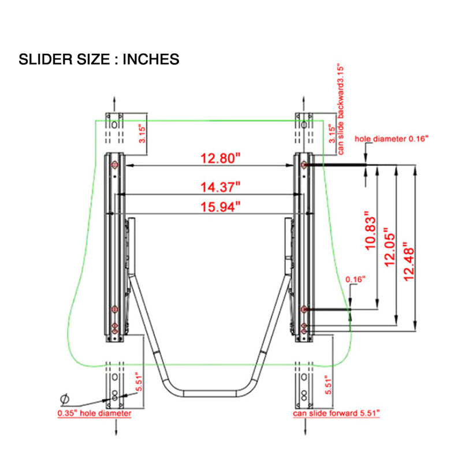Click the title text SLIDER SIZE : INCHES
click(x=99, y=59)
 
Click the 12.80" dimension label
click(x=221, y=158)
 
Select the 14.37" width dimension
click(x=221, y=187)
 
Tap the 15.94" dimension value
click(x=221, y=207)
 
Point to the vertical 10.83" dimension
click(x=371, y=230)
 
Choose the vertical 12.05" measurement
click(x=389, y=247)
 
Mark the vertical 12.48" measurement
click(x=409, y=262)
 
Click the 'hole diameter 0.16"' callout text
click(x=392, y=139)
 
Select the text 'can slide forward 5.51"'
click(x=336, y=413)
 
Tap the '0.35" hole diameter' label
click(x=94, y=413)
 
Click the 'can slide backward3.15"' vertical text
click(x=341, y=109)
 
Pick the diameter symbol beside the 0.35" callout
click(x=65, y=399)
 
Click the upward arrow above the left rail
click(x=114, y=103)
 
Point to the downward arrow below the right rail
click(x=305, y=427)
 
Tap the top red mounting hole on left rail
click(x=114, y=165)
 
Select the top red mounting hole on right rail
click(x=304, y=165)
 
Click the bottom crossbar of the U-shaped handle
click(x=210, y=394)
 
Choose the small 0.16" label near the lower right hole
click(x=355, y=280)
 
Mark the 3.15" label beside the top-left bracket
click(x=142, y=134)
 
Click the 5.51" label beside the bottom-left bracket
click(x=139, y=383)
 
